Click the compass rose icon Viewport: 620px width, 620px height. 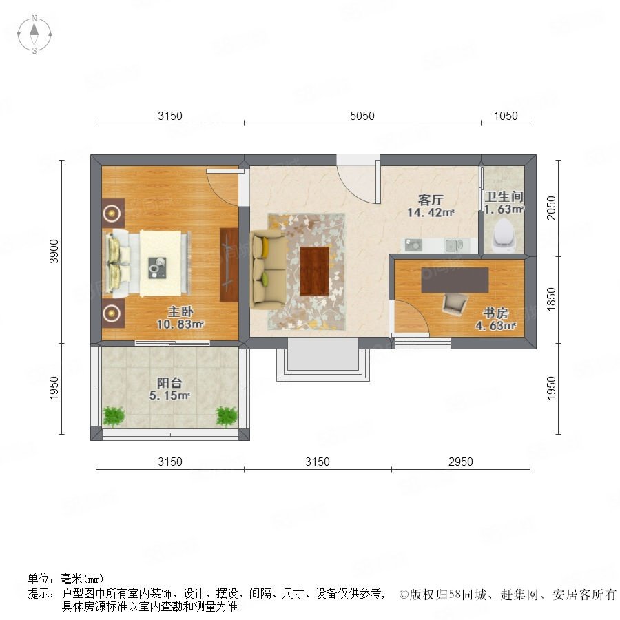[x=34, y=34]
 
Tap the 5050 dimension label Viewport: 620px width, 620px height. [x=362, y=116]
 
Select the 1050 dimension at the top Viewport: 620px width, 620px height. [x=506, y=116]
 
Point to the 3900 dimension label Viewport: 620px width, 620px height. [x=54, y=251]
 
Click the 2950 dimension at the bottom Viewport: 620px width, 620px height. [x=461, y=462]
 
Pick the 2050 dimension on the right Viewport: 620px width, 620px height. [x=551, y=208]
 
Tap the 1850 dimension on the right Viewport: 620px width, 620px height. [x=551, y=300]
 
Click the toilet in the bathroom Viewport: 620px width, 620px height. [x=504, y=236]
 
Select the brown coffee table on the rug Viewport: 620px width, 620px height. [x=314, y=271]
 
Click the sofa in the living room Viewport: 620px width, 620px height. [x=268, y=271]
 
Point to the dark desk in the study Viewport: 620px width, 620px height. [x=455, y=280]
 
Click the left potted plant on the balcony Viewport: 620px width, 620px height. [x=114, y=417]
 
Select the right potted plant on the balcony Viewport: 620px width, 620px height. [x=227, y=417]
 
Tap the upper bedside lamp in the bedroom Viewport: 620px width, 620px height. [x=112, y=214]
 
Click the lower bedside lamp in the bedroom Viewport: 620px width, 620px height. [x=112, y=313]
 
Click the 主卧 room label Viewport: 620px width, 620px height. [x=180, y=311]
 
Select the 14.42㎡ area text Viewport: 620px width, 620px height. [x=431, y=212]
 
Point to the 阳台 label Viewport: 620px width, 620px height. [x=169, y=383]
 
